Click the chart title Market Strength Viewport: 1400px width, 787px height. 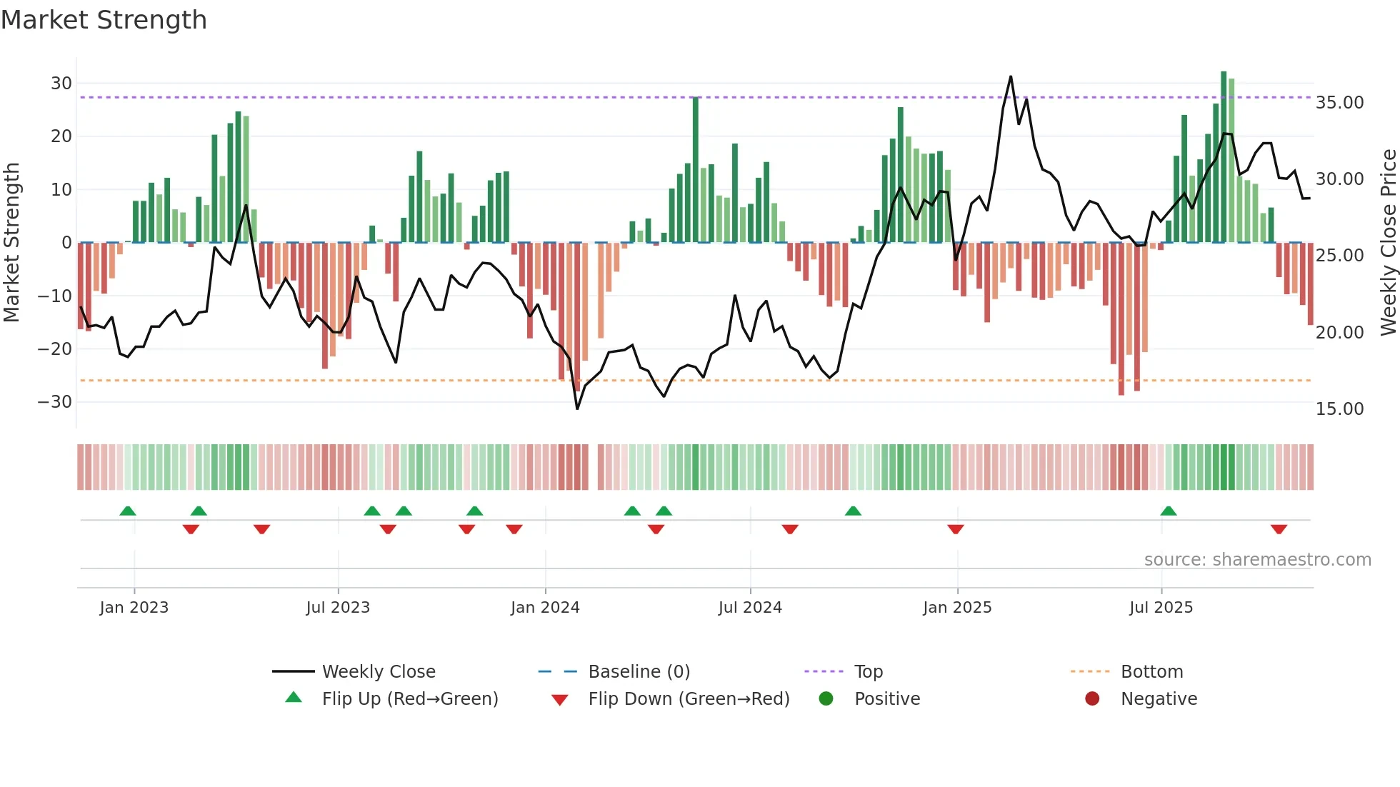point(104,20)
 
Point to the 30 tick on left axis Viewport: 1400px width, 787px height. point(61,84)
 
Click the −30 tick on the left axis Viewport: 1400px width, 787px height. point(55,402)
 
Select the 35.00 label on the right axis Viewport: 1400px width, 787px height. point(1340,103)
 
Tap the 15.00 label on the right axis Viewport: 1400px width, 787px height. point(1340,409)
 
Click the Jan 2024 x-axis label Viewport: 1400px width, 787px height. point(545,608)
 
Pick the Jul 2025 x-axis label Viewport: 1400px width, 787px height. point(1161,608)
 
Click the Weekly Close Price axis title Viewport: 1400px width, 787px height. point(1388,242)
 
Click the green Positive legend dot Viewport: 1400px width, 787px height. point(826,699)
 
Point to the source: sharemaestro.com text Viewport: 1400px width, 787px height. point(1257,560)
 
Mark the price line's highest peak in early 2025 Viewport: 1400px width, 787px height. point(1011,77)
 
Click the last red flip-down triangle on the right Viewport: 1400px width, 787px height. point(1279,529)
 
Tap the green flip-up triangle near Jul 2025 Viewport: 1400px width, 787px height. point(1169,511)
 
